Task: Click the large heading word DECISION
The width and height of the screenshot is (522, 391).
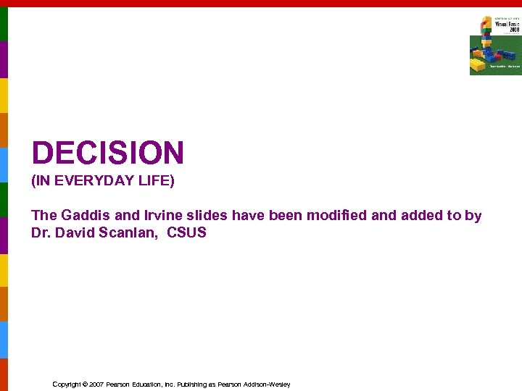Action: point(108,153)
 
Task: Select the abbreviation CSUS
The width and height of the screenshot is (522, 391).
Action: point(186,232)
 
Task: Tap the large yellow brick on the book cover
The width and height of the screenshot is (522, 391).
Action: point(480,66)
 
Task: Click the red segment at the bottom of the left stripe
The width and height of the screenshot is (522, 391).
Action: point(4,374)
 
